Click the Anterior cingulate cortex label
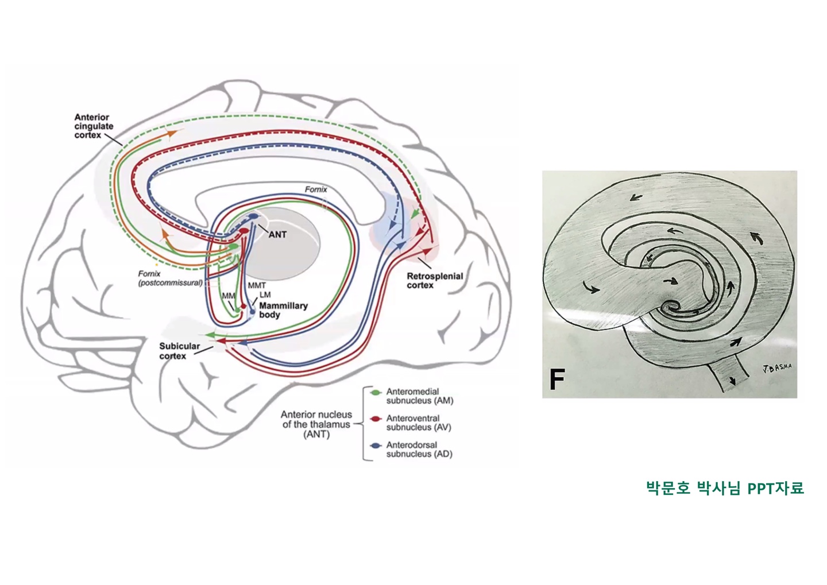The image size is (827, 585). (94, 126)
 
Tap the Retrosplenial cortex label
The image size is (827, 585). (434, 281)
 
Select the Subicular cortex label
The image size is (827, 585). (179, 351)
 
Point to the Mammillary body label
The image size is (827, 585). (283, 310)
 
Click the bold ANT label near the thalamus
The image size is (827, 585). (277, 234)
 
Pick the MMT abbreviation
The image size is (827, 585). (257, 285)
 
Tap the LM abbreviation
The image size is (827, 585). (265, 295)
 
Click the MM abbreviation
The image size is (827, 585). (228, 296)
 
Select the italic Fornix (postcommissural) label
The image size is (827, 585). (170, 278)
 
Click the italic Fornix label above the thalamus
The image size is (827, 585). (316, 189)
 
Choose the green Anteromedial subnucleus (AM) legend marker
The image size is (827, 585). (376, 392)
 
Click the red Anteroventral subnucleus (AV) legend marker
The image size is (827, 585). (376, 419)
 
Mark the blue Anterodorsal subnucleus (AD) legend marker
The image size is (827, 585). (376, 445)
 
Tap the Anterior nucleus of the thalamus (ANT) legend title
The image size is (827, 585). (316, 424)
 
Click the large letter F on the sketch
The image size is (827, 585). (557, 379)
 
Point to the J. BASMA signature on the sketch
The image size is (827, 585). (777, 368)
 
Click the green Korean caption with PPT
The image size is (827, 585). (725, 488)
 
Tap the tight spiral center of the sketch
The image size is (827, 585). (670, 306)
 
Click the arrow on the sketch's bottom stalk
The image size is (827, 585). (732, 381)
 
